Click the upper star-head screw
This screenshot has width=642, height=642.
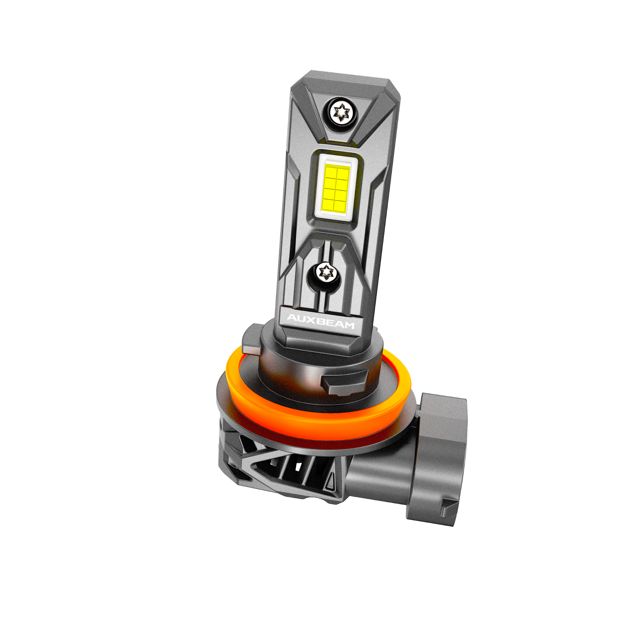(x=342, y=112)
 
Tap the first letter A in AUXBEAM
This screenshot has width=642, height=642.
(x=292, y=317)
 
